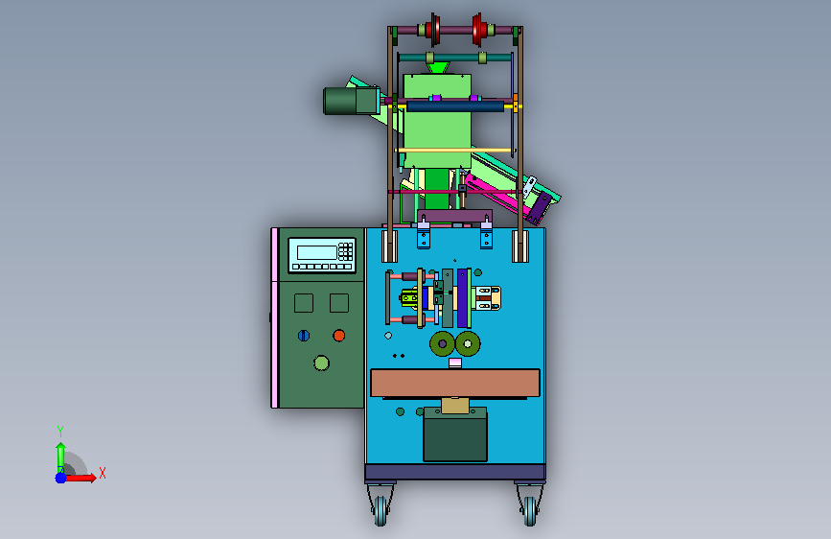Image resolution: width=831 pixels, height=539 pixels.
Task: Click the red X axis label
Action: pos(103,473)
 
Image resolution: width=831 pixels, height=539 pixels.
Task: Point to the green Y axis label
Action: pos(60,431)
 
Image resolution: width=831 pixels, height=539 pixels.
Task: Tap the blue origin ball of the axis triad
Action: pos(61,478)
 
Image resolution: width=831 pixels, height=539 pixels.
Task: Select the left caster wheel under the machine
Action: pos(381,511)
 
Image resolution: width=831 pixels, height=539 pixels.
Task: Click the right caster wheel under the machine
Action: pos(529,511)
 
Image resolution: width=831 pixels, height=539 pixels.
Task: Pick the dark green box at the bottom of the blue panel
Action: pos(455,434)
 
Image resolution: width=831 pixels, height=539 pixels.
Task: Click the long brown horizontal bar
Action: pos(455,383)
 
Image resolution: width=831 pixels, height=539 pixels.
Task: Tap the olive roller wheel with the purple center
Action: pos(442,343)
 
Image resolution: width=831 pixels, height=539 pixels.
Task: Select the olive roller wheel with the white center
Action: pos(468,343)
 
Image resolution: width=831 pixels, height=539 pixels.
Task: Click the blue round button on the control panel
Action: pos(304,336)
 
